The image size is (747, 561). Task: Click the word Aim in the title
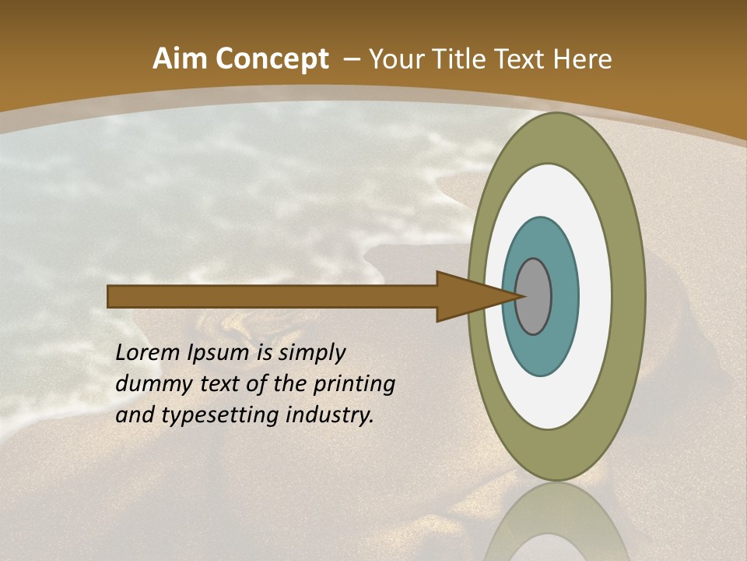tap(180, 59)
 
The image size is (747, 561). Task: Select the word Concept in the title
tap(271, 59)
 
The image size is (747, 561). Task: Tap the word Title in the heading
tap(461, 59)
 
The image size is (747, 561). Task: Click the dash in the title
tap(352, 59)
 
